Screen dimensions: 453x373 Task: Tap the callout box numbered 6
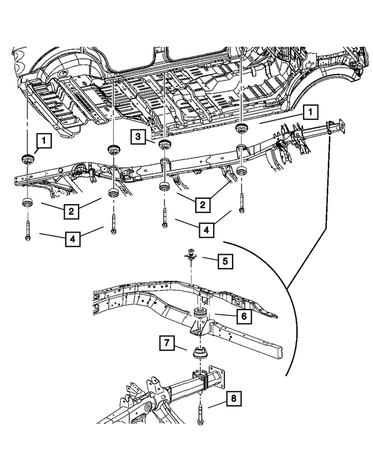[x=244, y=317]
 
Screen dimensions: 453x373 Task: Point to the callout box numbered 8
[x=233, y=399]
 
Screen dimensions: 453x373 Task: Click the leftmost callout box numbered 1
[x=44, y=140]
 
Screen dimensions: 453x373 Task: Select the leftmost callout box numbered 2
[x=69, y=211]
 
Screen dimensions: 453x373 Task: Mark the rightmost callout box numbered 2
[x=202, y=205]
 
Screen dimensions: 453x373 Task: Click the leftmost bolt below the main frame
[x=27, y=231]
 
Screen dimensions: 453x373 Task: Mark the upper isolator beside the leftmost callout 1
[x=27, y=159]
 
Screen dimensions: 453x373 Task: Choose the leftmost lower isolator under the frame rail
[x=27, y=203]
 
